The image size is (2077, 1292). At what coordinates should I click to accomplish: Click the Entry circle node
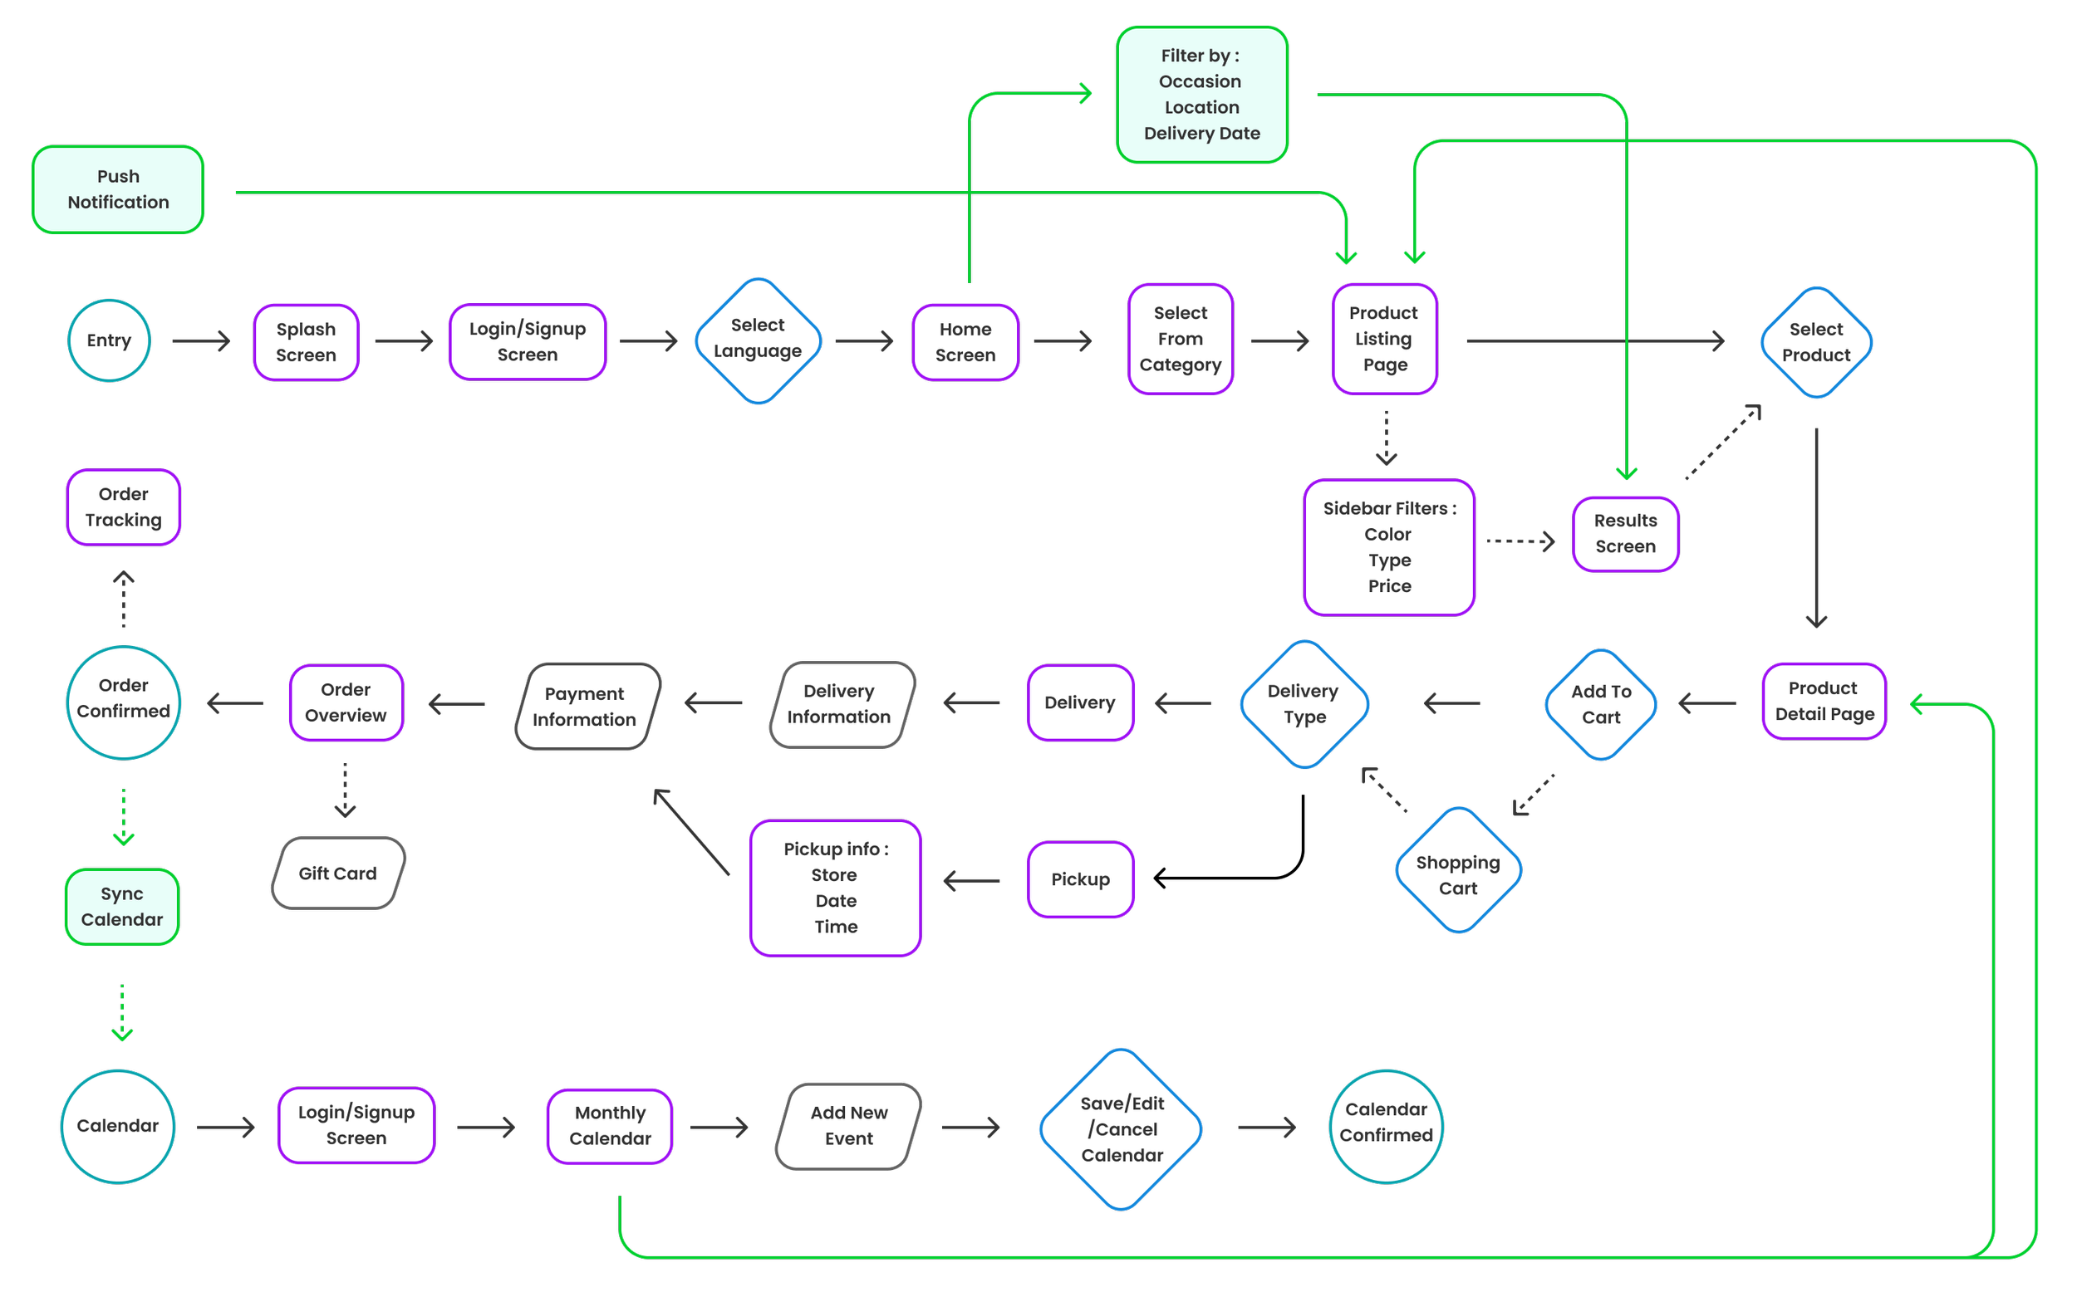pos(110,340)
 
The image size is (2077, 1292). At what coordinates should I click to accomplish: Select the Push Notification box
pos(118,188)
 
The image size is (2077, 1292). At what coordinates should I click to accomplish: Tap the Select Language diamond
pos(759,340)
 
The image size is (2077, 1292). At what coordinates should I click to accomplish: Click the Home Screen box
pos(965,342)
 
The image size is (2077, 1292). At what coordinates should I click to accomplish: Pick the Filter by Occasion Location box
pos(1202,94)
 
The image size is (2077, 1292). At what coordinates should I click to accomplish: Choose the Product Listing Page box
pos(1385,339)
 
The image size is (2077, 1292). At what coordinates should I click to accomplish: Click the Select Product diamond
pos(1816,342)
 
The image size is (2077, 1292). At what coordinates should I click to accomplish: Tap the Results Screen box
pos(1625,533)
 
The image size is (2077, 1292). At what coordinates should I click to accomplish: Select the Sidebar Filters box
pos(1389,547)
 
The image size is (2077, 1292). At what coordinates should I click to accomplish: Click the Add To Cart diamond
pos(1601,704)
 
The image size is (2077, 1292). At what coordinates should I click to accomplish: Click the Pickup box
pos(1080,879)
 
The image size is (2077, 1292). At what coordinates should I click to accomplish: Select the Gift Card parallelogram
pos(337,874)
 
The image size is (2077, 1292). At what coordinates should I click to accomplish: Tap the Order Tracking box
pos(123,507)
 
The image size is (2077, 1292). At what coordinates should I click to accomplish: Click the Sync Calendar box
pos(122,907)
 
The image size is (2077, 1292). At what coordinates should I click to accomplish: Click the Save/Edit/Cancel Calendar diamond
pos(1122,1128)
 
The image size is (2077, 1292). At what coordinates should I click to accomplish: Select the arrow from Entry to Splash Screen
pos(201,341)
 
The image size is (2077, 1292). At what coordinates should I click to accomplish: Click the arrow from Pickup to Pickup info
pos(972,880)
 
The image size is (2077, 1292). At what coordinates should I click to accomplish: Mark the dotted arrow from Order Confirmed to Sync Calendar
pos(124,816)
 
